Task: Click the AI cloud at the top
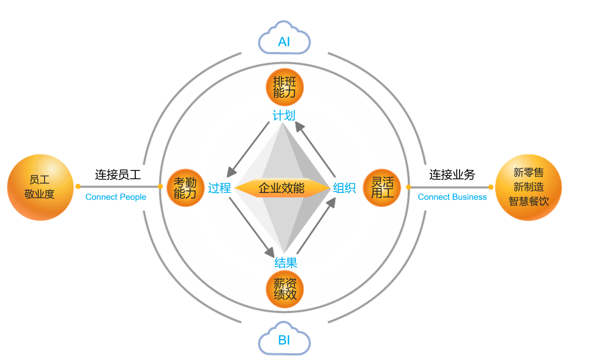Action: (x=284, y=38)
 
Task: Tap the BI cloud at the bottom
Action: (x=284, y=338)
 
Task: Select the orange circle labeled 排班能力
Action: (x=284, y=87)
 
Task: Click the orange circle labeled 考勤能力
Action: (x=185, y=188)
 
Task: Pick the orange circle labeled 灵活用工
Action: (x=382, y=188)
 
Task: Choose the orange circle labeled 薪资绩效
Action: (x=284, y=289)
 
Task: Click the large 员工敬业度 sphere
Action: (x=40, y=187)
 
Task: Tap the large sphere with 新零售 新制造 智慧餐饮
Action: (x=528, y=187)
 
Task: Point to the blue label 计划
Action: (x=284, y=115)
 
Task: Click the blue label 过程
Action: (x=219, y=188)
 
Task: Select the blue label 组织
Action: (x=344, y=188)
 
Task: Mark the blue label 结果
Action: (x=286, y=263)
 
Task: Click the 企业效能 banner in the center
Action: (x=282, y=188)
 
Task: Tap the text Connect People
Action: (x=116, y=197)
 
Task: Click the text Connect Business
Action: (x=452, y=197)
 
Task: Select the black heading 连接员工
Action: (x=118, y=175)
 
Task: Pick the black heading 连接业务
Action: (x=452, y=175)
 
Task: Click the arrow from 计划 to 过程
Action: (x=248, y=150)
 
